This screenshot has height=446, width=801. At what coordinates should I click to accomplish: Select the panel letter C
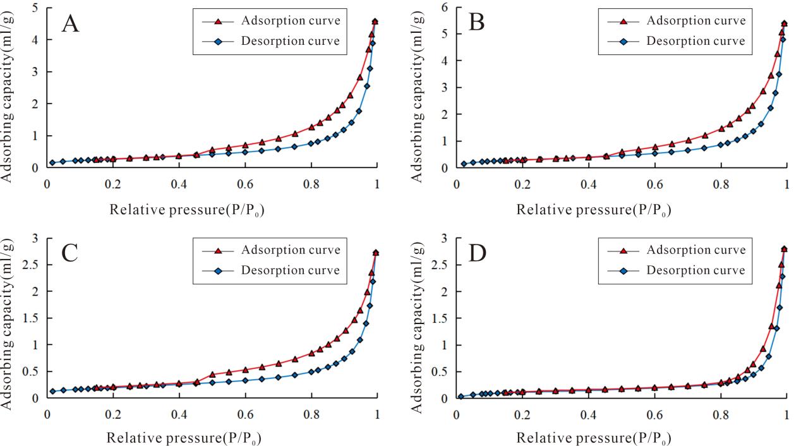coord(69,254)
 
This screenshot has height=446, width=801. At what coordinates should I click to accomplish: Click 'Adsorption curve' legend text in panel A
coord(291,21)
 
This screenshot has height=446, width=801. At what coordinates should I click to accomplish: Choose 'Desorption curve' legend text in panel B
coord(696,41)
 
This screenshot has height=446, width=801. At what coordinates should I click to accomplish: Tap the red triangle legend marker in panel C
coord(219,250)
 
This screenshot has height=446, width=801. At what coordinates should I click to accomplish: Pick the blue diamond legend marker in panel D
coord(624,271)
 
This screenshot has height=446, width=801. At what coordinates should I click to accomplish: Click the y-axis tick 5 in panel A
coord(34,8)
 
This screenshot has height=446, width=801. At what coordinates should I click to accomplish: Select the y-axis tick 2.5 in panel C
coord(30,265)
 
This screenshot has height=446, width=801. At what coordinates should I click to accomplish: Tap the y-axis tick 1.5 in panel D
coord(437,318)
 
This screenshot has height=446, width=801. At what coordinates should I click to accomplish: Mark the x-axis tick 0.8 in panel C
coord(310,413)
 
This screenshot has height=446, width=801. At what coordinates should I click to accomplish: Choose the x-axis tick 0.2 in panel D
coord(522,413)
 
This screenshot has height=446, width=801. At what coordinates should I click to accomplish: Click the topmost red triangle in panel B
coord(784,24)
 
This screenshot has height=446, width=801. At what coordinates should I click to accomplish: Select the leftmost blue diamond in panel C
coord(53,391)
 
